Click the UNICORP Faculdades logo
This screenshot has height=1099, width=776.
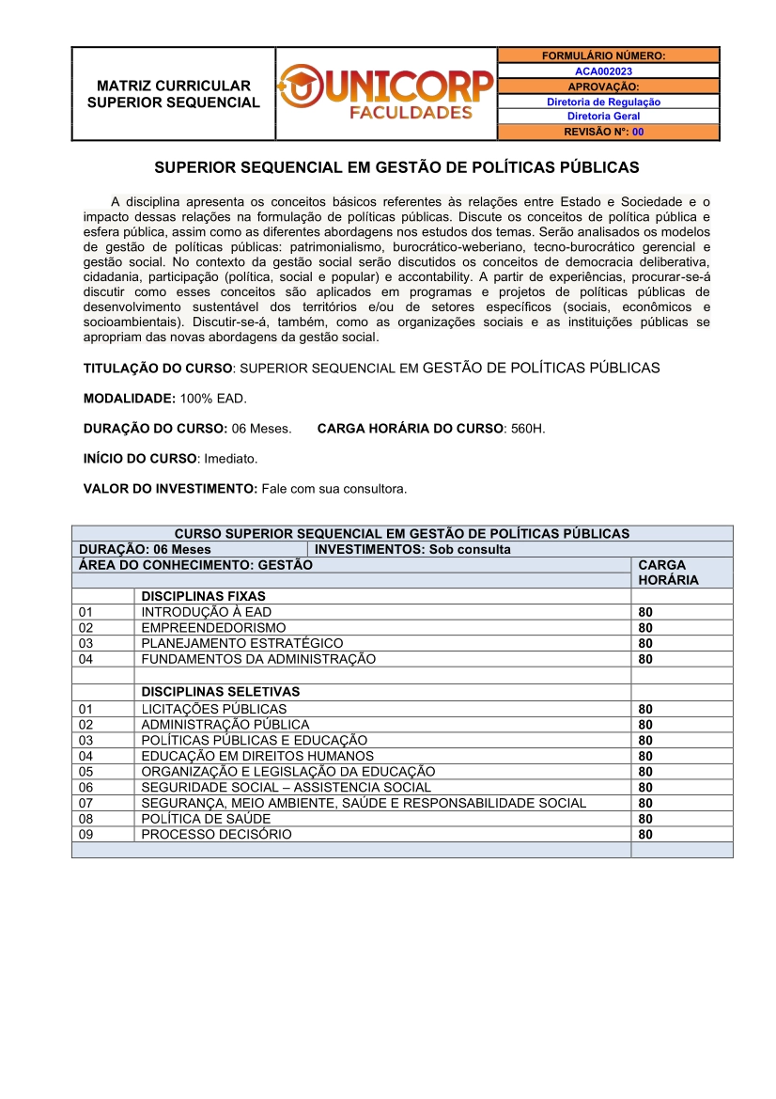click(x=386, y=93)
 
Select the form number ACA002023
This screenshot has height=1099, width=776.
click(x=603, y=71)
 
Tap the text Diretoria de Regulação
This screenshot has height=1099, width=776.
click(x=603, y=102)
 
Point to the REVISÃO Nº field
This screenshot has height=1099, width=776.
click(x=603, y=132)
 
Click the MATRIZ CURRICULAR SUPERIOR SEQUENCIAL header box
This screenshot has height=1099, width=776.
click(x=173, y=93)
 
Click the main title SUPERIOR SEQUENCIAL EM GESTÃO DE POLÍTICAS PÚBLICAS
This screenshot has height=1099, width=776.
click(x=396, y=167)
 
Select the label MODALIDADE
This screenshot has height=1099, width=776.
click(x=130, y=399)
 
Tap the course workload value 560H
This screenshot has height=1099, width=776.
click(x=528, y=429)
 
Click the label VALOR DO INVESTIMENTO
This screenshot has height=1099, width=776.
click(x=170, y=489)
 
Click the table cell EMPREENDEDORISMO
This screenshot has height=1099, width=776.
click(x=213, y=627)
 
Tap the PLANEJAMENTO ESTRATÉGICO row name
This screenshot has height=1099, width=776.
click(x=242, y=643)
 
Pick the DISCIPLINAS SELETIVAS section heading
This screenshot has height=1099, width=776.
click(x=221, y=692)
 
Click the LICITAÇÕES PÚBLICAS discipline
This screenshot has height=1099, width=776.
click(x=214, y=709)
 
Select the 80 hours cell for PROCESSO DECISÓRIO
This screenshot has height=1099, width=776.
click(x=645, y=835)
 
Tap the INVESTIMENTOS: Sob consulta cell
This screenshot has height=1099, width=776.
click(x=413, y=549)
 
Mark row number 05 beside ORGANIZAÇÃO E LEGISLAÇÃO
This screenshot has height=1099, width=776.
click(x=86, y=772)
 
